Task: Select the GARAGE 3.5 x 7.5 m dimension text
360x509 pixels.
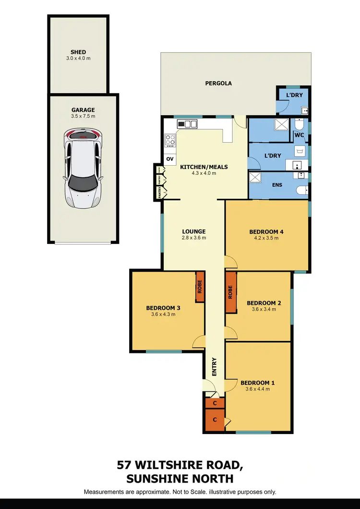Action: (83, 116)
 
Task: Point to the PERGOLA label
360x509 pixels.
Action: (218, 83)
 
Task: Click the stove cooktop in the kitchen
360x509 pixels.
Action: (170, 140)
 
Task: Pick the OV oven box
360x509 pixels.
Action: (169, 158)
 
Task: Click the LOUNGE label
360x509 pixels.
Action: (194, 231)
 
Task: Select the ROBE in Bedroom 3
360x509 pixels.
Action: (200, 287)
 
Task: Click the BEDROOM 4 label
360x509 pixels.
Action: (266, 232)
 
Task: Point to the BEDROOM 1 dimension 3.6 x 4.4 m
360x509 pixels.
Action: (258, 389)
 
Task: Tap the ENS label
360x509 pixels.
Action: (277, 185)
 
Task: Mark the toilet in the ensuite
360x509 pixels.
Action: (301, 191)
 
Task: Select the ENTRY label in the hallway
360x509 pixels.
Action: (215, 366)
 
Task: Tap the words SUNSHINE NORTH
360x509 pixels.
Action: (180, 478)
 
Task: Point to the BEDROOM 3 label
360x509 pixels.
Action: (163, 308)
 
